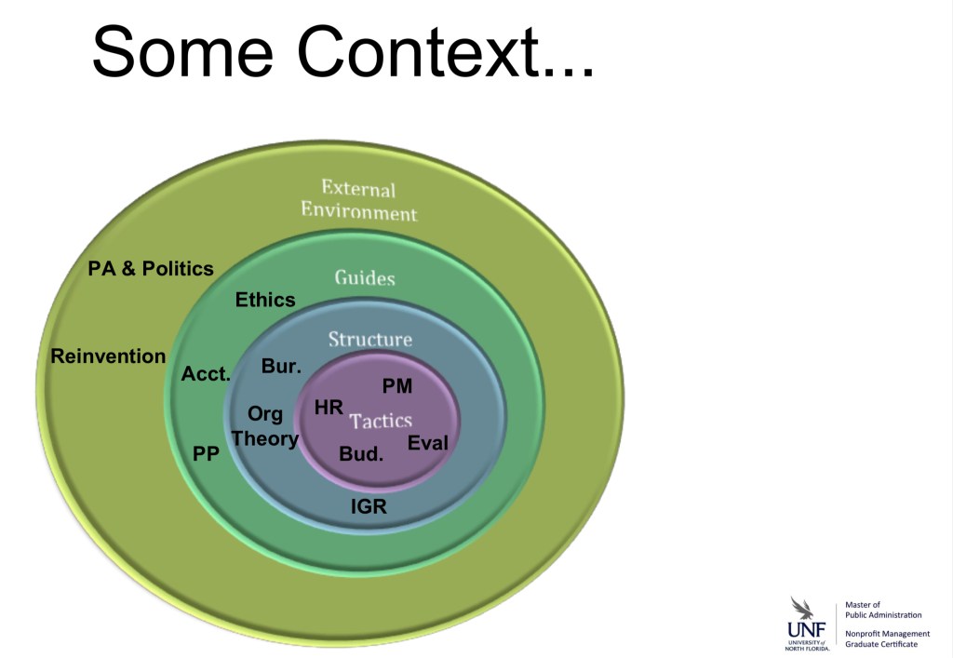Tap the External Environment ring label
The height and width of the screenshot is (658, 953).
(x=358, y=200)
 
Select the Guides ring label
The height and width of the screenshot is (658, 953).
(x=365, y=277)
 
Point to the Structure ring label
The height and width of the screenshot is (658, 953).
(x=369, y=340)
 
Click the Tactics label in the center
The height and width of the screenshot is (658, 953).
(x=381, y=421)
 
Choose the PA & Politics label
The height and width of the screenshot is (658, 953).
(x=151, y=269)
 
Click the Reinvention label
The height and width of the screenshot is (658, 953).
(x=108, y=356)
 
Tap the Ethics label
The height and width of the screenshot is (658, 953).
(x=265, y=300)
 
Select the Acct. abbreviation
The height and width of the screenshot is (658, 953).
(x=207, y=374)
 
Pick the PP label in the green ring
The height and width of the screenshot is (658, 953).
(x=206, y=454)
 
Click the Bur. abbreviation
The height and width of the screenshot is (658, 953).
(x=281, y=366)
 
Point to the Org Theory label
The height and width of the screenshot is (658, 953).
(x=265, y=426)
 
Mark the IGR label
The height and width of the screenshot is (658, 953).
(x=369, y=507)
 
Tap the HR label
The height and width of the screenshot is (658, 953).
(x=329, y=407)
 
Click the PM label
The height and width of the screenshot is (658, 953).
(x=397, y=386)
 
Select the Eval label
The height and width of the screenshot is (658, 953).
(x=428, y=443)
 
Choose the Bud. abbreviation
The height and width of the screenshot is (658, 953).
(x=361, y=455)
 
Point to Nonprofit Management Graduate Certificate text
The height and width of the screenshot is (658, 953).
(x=887, y=638)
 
